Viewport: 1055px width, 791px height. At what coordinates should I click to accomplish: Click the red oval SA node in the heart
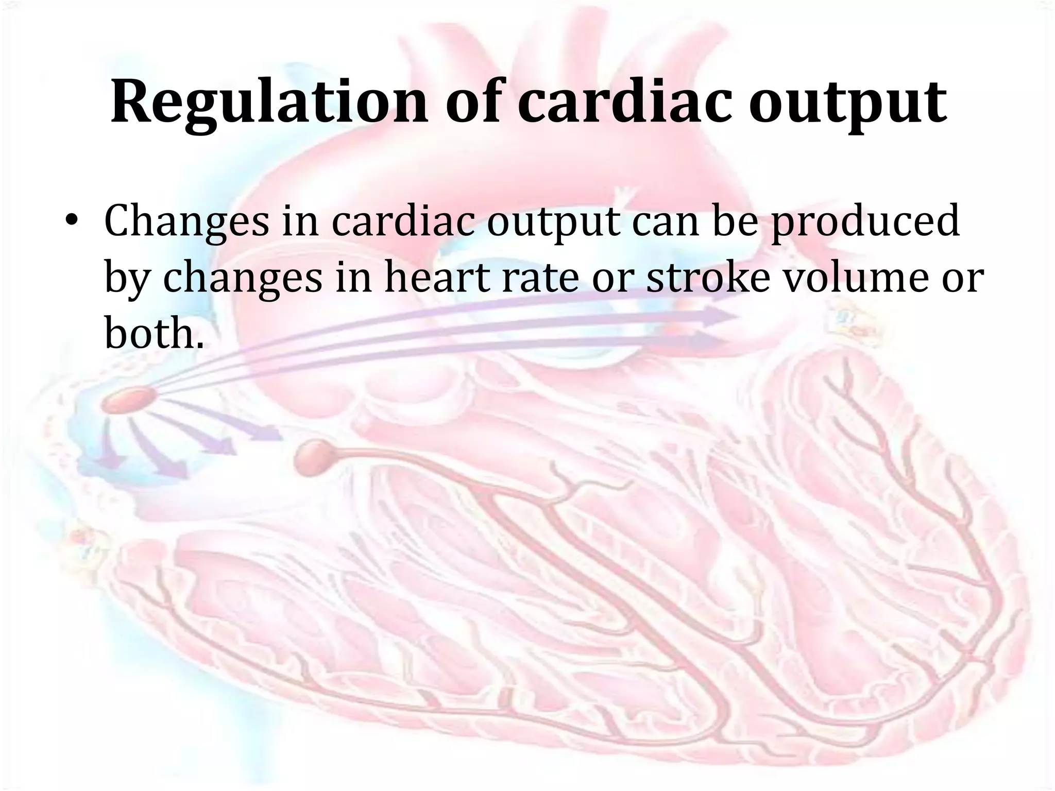pyautogui.click(x=129, y=400)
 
